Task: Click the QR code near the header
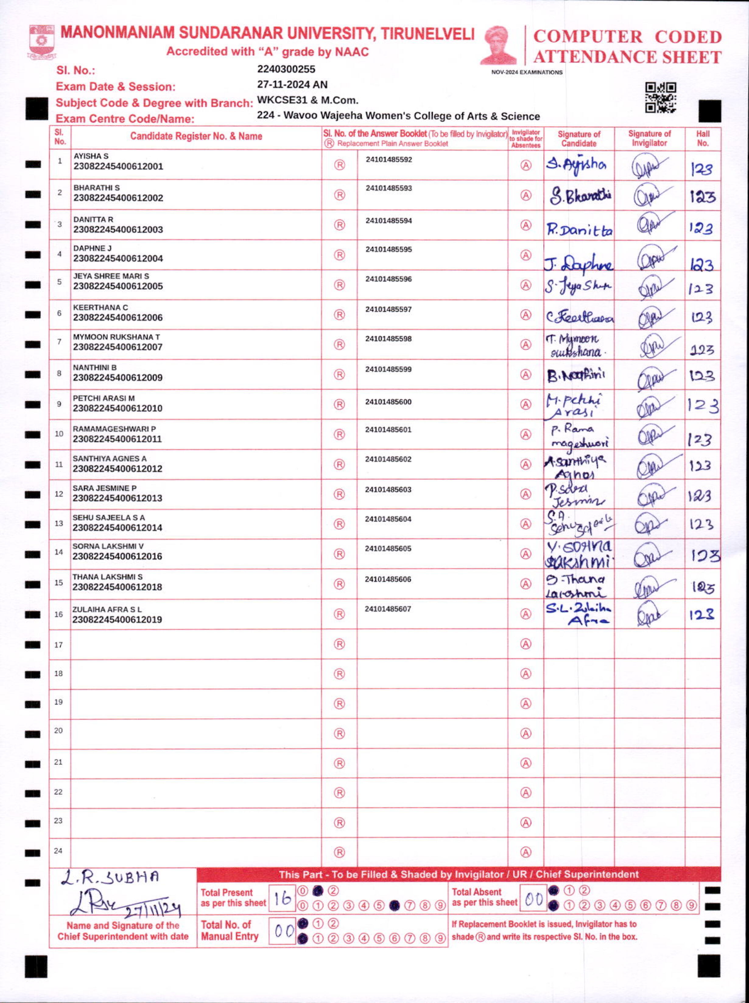tap(661, 97)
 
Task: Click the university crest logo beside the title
tap(42, 41)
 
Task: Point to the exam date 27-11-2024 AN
tap(292, 85)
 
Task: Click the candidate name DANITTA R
tap(93, 219)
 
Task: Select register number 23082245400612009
tap(118, 377)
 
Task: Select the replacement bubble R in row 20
tap(339, 733)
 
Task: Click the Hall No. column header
tap(702, 138)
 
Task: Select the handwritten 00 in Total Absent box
tap(533, 899)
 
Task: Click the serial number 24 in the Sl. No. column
tap(58, 851)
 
